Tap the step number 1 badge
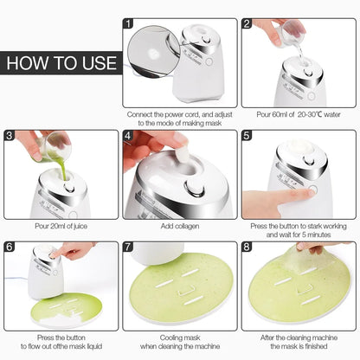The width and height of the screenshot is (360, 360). pos(129,25)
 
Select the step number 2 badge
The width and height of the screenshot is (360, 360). pos(247,25)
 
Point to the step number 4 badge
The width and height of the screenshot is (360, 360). pos(129,136)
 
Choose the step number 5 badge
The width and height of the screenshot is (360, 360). pos(247,136)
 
